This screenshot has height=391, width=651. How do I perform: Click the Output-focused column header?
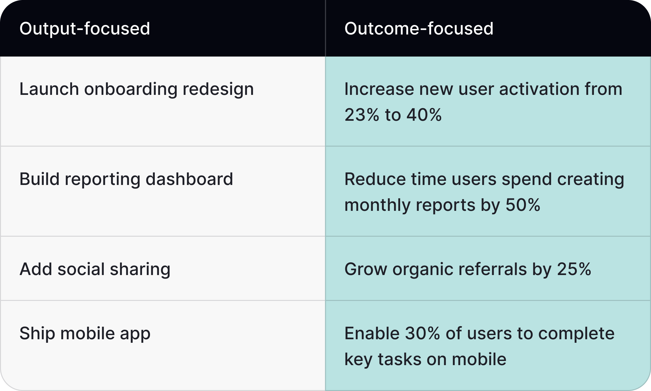click(85, 28)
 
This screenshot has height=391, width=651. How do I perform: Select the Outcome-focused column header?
click(419, 28)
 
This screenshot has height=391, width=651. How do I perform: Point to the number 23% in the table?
click(362, 115)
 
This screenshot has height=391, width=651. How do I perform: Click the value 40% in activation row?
click(424, 115)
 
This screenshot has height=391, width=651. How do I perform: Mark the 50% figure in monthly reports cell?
click(523, 205)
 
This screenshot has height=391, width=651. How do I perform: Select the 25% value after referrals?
click(574, 269)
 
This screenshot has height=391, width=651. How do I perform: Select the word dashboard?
click(189, 179)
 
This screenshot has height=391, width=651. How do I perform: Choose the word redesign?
click(218, 89)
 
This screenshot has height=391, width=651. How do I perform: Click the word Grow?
click(366, 269)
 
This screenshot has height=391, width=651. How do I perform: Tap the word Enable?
click(372, 334)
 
